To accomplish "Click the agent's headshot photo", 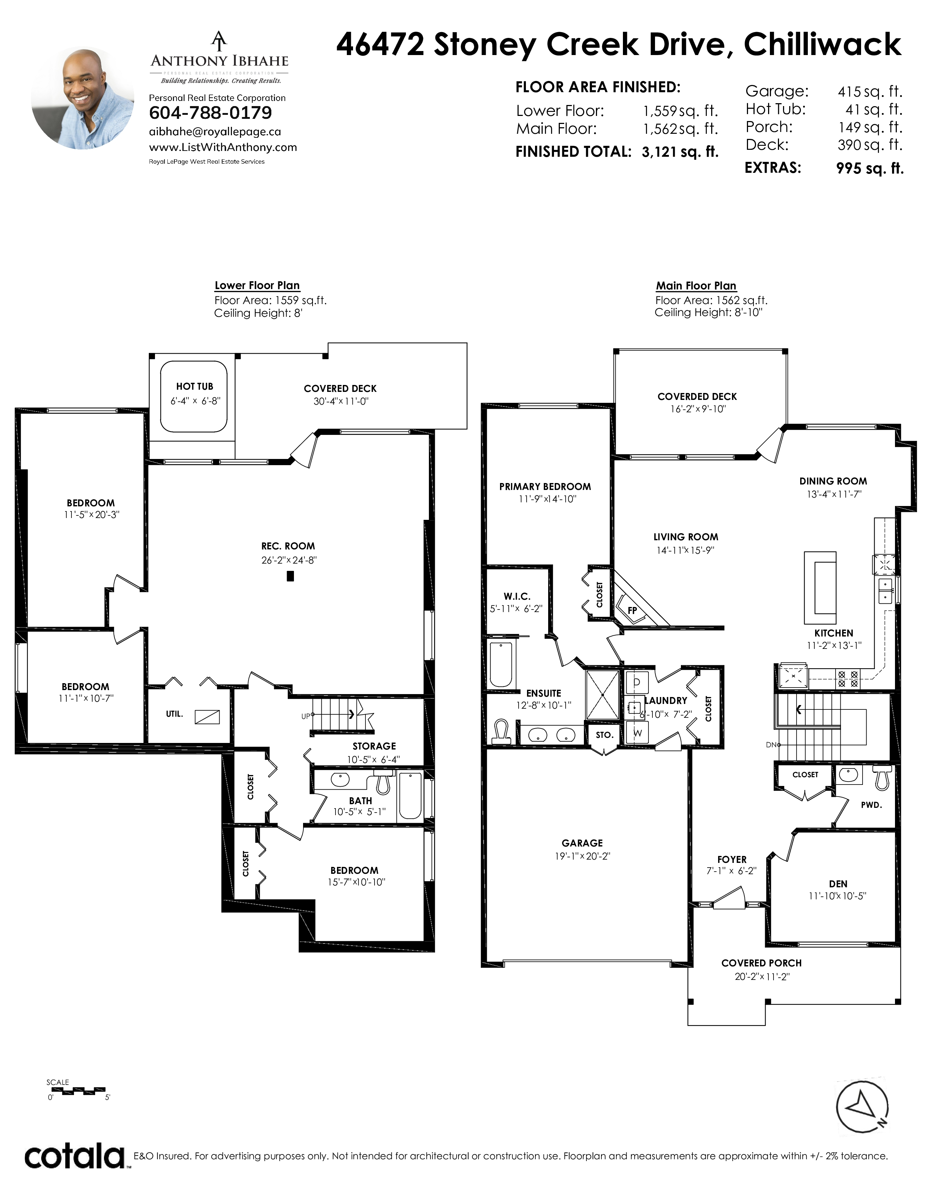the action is tap(83, 99).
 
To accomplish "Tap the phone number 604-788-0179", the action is tap(210, 113).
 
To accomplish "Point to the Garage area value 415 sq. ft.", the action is tap(870, 92).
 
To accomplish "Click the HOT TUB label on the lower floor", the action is tap(194, 387).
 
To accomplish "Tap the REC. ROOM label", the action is tap(288, 546).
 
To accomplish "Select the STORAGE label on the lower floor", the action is tap(374, 746).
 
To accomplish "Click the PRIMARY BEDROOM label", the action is tap(545, 487).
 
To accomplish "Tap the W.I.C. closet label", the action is tap(517, 596).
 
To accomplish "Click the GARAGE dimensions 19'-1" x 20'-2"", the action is tap(582, 857).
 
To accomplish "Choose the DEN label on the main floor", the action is tap(838, 884).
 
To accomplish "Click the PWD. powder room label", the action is tap(872, 805).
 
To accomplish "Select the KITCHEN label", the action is tap(834, 634).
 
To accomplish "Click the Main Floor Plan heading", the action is tap(696, 286).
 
